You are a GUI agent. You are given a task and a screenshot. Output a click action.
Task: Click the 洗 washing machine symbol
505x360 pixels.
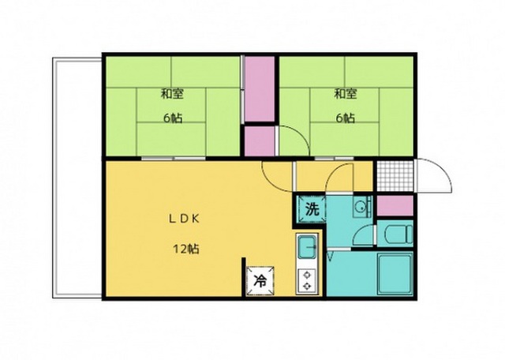pos(312,209)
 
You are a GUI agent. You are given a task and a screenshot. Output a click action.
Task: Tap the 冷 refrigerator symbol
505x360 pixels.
pos(260,281)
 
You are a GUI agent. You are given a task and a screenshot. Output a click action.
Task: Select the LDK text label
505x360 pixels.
pos(185,219)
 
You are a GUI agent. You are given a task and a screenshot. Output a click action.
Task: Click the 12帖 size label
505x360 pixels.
pos(186,249)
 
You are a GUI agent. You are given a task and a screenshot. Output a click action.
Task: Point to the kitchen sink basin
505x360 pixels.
pos(308,247)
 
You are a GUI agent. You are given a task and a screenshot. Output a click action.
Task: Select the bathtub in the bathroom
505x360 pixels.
pos(395,274)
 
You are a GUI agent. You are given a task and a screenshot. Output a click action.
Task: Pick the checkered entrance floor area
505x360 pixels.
pos(395,175)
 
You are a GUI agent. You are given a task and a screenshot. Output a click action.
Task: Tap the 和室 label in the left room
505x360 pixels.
pos(172,94)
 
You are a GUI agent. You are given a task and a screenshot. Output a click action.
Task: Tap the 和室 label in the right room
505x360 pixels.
pos(346,94)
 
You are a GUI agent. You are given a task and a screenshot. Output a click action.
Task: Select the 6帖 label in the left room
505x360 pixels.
pos(173,118)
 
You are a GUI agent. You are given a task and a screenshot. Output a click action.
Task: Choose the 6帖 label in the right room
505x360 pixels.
pos(346,118)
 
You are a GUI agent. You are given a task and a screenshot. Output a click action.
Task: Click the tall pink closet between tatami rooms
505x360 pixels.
pos(260,89)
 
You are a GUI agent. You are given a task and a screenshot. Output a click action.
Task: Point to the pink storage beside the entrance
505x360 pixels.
pos(395,205)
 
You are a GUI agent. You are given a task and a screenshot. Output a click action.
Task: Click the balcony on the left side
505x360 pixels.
pos(77,178)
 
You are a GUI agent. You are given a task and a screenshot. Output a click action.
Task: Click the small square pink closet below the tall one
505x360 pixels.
pos(260,141)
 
